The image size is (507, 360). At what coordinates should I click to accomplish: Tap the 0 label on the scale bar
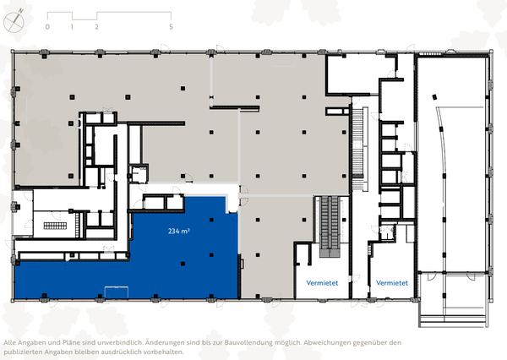[48, 27]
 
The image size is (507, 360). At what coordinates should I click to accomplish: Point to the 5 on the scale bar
[172, 27]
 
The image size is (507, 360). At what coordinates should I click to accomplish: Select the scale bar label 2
[97, 27]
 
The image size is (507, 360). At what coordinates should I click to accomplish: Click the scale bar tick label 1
[73, 27]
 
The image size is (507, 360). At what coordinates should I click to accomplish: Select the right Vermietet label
[392, 282]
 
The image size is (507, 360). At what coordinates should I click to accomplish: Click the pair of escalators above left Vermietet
[330, 226]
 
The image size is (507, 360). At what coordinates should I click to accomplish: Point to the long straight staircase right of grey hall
[358, 148]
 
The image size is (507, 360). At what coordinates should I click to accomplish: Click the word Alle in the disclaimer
[11, 342]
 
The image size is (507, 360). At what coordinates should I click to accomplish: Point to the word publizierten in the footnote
[25, 352]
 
